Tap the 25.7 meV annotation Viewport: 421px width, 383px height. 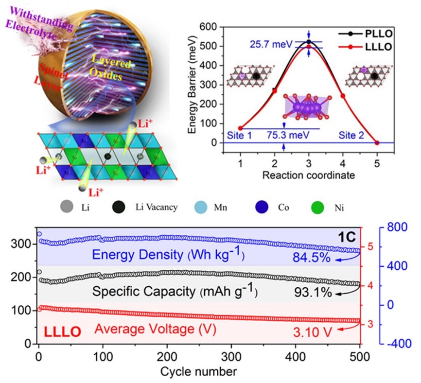click(x=274, y=44)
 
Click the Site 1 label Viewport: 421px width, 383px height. click(x=240, y=135)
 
